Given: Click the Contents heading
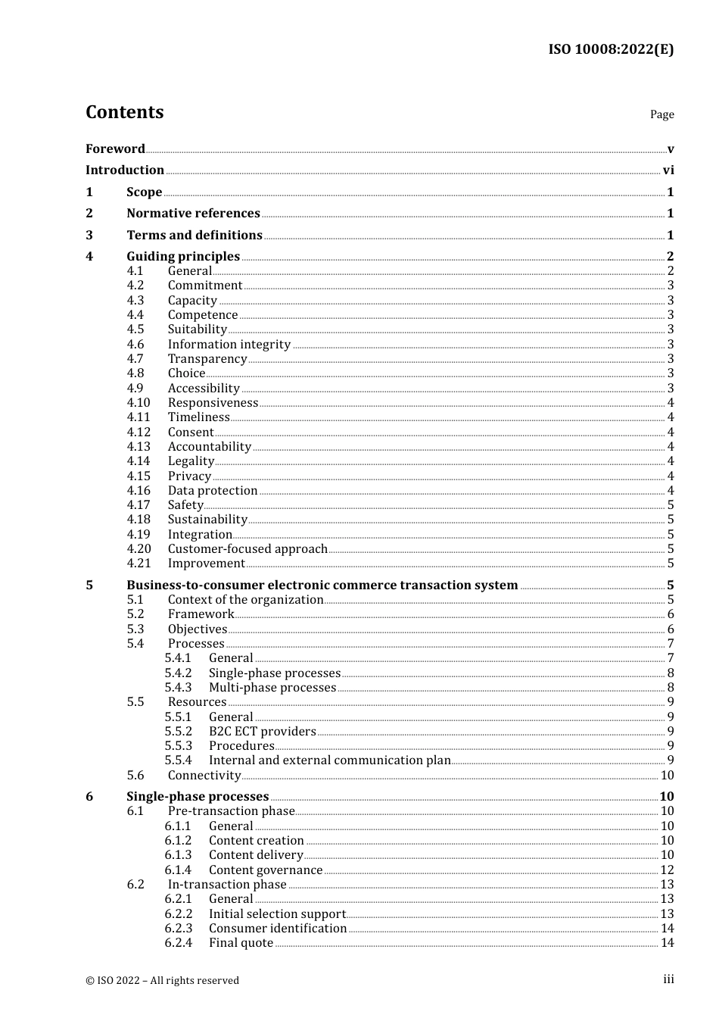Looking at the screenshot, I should [x=124, y=112].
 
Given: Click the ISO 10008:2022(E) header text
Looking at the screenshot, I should [x=611, y=49].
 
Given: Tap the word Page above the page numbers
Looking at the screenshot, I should [x=661, y=114].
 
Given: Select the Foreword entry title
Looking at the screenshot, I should [x=115, y=148].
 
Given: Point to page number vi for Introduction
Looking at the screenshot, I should [x=668, y=170].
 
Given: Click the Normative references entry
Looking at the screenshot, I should [x=193, y=214].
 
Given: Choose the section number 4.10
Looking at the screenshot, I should [x=139, y=403].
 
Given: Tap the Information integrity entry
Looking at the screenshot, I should [x=229, y=345].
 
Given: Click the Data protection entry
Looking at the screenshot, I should [x=213, y=491].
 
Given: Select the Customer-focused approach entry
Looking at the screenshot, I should [x=247, y=549].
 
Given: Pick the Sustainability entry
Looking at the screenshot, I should [x=207, y=520].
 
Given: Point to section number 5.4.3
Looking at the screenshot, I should [x=178, y=688].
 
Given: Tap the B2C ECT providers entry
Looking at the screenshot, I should [x=262, y=732].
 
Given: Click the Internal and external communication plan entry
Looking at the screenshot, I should [x=329, y=760].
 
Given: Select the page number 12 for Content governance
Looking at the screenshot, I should [x=667, y=870].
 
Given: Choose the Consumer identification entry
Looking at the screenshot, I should [x=278, y=929].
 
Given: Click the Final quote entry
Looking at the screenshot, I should [x=241, y=943].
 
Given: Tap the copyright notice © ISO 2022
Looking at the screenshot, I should [x=162, y=980].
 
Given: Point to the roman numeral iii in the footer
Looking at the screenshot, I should [x=668, y=979].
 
